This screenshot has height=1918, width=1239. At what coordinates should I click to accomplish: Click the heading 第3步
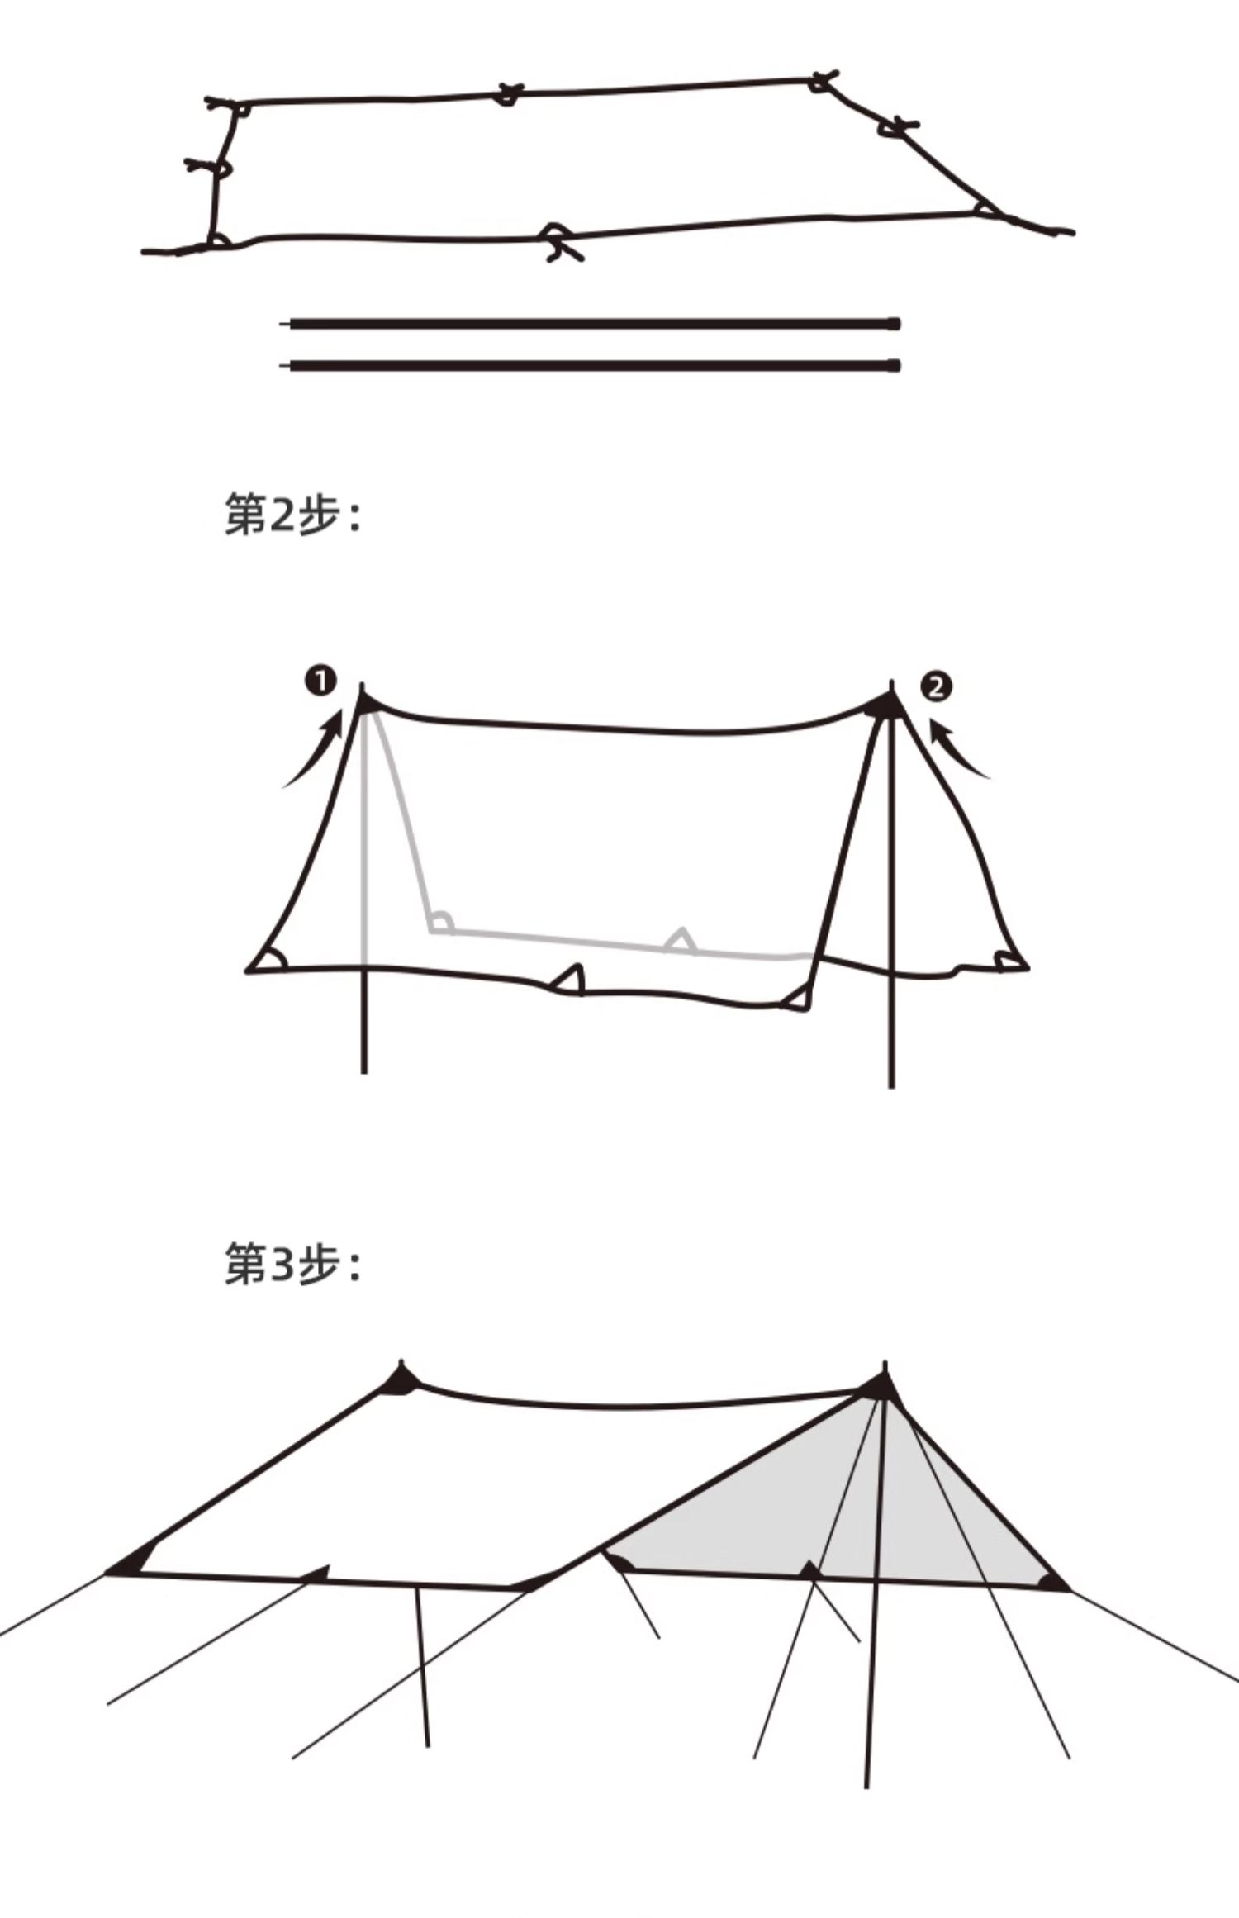[292, 1265]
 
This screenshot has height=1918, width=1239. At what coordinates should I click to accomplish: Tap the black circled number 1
[320, 681]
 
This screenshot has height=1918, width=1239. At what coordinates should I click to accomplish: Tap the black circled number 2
[936, 686]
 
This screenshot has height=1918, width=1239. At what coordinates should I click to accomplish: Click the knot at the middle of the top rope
[507, 93]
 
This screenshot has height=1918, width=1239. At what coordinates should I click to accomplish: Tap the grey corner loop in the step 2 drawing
[440, 923]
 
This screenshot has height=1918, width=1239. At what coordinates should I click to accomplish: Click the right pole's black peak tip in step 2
[889, 703]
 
